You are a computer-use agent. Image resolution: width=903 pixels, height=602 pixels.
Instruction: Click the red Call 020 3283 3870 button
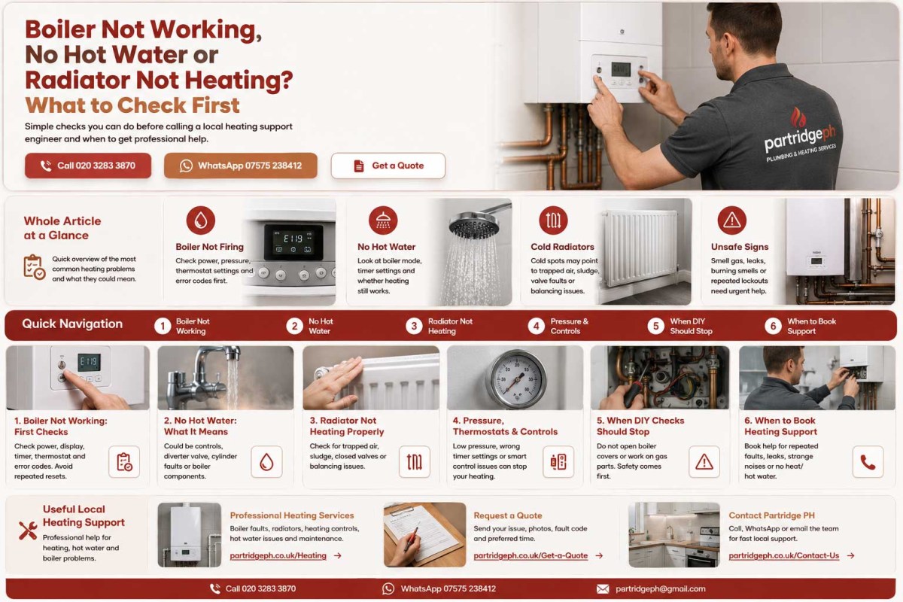(88, 166)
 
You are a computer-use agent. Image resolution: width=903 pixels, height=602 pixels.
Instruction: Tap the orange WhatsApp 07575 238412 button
(241, 166)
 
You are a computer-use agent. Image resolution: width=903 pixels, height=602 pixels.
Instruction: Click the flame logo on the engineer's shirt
(798, 117)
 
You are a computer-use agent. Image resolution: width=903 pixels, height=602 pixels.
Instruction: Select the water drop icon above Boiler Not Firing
(201, 220)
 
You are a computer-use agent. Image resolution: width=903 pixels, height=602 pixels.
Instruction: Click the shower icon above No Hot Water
(383, 220)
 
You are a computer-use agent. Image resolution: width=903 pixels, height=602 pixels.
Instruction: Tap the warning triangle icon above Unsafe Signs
(731, 220)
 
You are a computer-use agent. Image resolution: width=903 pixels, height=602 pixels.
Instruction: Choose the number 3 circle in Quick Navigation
(414, 326)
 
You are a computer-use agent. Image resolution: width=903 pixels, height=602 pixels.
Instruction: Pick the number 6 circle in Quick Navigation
(773, 326)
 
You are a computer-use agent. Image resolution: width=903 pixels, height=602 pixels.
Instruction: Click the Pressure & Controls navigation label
(569, 326)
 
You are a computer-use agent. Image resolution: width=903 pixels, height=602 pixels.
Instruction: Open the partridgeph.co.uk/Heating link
(278, 555)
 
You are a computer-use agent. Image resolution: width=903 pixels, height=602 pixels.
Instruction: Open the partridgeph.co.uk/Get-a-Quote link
(531, 555)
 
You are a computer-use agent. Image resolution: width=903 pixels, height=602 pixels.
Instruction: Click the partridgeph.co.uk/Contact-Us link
(783, 555)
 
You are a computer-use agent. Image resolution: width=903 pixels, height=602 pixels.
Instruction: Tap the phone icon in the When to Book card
(868, 462)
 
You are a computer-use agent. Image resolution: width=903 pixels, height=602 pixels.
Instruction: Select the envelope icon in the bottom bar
(603, 589)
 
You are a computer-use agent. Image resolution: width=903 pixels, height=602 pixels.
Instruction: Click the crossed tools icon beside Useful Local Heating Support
(28, 531)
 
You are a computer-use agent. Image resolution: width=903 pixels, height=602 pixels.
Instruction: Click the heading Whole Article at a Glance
(62, 228)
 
